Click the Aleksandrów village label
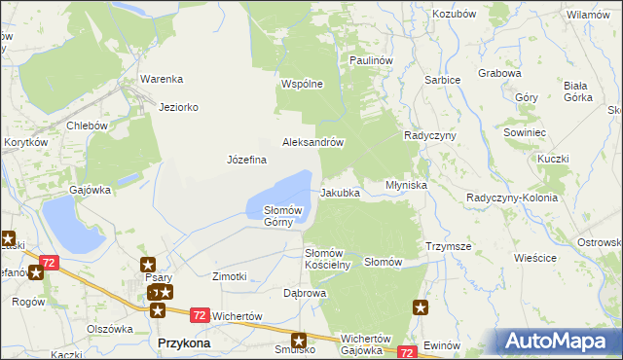(x=313, y=141)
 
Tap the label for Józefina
(x=246, y=160)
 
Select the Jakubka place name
(x=340, y=193)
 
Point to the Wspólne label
(x=302, y=84)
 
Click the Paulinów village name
(x=371, y=60)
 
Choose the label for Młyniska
(x=406, y=184)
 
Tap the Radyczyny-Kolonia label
(x=512, y=198)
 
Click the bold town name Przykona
(x=183, y=343)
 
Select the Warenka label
(x=162, y=79)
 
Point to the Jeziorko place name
(x=179, y=108)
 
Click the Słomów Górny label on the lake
(x=284, y=215)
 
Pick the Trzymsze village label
(x=448, y=247)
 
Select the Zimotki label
(x=230, y=276)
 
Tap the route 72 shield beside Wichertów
(x=199, y=315)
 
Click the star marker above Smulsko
(x=299, y=342)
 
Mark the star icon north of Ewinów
(x=421, y=308)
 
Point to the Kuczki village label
(x=552, y=158)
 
